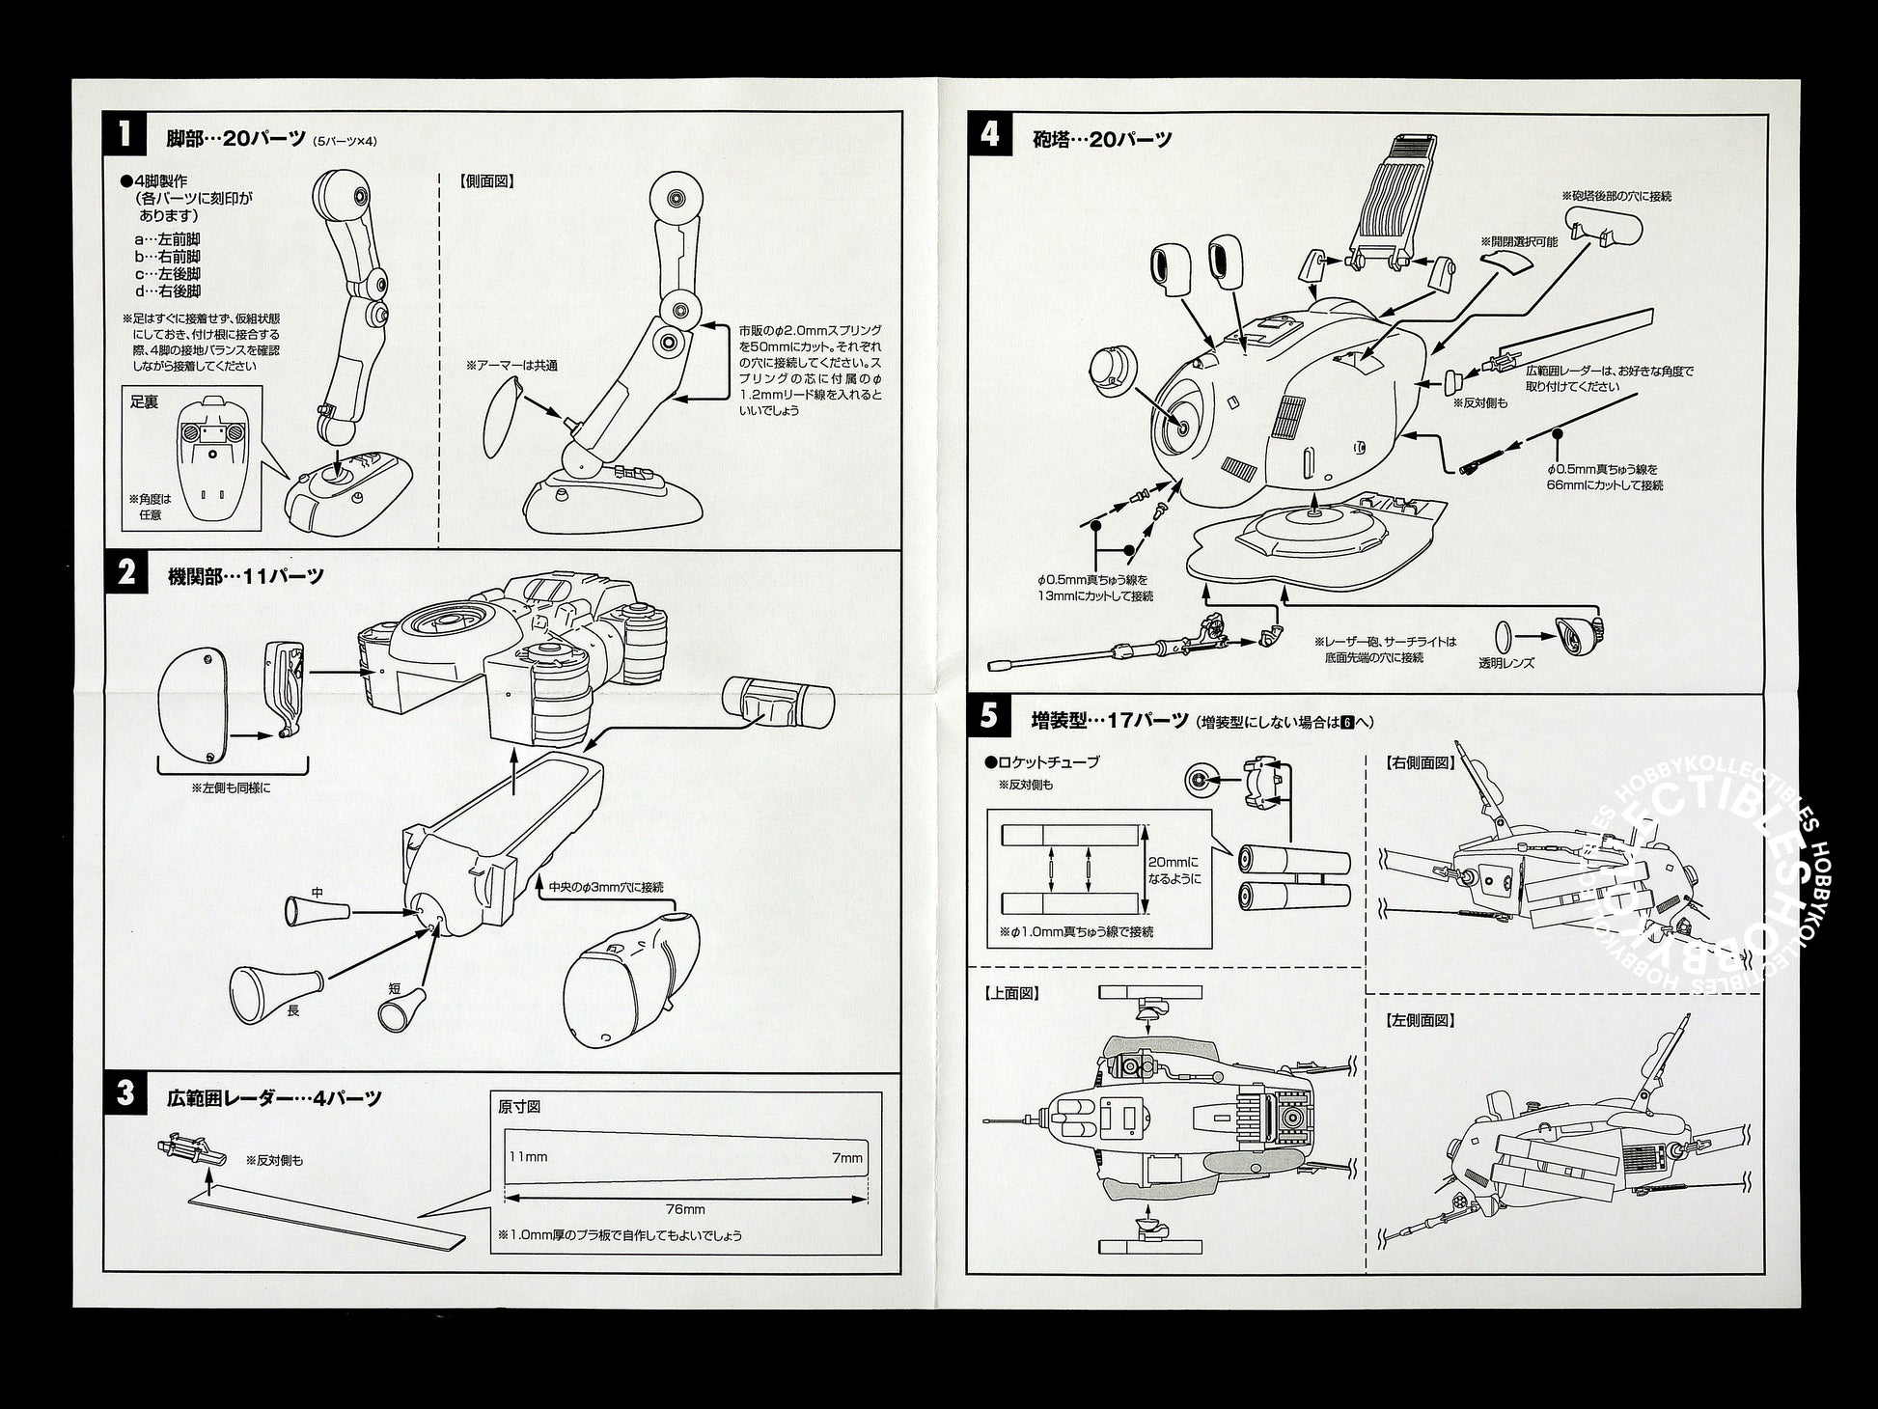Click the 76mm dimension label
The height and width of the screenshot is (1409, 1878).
[685, 1208]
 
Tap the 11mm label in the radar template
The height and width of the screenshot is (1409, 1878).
[528, 1157]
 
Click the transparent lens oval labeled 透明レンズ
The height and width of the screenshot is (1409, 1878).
[1503, 635]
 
